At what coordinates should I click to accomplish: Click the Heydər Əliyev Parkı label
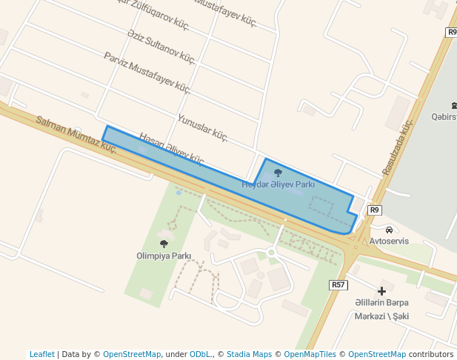279,184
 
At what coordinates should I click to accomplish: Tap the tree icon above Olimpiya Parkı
164,244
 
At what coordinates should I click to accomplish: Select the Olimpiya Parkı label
164,256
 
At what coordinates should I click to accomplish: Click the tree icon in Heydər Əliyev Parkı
278,173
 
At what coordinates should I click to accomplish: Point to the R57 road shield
338,284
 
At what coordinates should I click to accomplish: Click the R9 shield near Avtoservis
375,210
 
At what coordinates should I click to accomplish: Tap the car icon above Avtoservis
389,229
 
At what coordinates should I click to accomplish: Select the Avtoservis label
389,241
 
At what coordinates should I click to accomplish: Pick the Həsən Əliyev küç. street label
172,147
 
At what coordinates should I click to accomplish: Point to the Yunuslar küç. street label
202,127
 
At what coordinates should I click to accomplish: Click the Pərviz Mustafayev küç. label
147,73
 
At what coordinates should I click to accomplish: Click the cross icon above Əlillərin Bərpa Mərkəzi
381,291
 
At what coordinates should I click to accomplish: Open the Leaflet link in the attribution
42,354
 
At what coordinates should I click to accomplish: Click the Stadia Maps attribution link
249,354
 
